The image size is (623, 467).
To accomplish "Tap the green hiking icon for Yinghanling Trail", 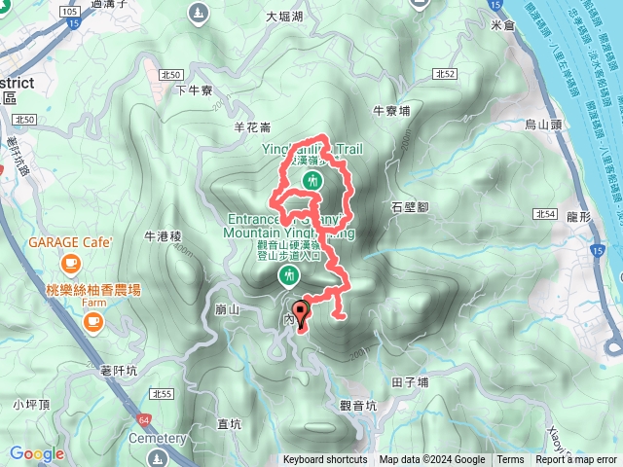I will pyautogui.click(x=312, y=181).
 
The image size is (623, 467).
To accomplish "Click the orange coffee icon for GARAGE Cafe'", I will pyautogui.click(x=70, y=263).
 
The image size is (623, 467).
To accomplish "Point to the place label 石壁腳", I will pyautogui.click(x=410, y=207).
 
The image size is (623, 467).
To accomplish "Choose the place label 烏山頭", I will pyautogui.click(x=544, y=125).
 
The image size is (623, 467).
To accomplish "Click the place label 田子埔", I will pyautogui.click(x=409, y=382).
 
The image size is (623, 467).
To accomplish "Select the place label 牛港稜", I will pyautogui.click(x=163, y=235).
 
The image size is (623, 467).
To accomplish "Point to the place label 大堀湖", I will pyautogui.click(x=284, y=17).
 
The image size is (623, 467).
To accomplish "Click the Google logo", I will pyautogui.click(x=37, y=453).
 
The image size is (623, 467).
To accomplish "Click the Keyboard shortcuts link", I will pyautogui.click(x=325, y=460).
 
